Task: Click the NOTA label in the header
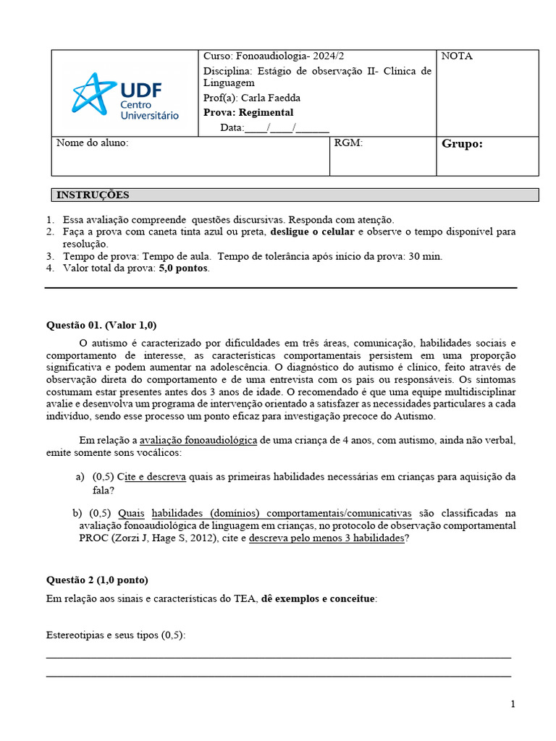click(x=456, y=56)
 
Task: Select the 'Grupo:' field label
click(x=462, y=144)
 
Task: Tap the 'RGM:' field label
click(x=348, y=143)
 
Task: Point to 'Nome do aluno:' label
click(x=92, y=143)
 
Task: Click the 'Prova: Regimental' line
click(x=248, y=112)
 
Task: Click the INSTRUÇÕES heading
click(x=93, y=195)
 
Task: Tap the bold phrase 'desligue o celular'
click(x=313, y=232)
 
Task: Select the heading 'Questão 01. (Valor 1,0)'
click(x=101, y=325)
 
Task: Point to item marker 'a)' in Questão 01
click(x=80, y=478)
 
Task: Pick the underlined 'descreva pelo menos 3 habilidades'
click(x=327, y=538)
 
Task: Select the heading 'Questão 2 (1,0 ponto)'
click(x=97, y=580)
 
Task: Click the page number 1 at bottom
click(x=513, y=704)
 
